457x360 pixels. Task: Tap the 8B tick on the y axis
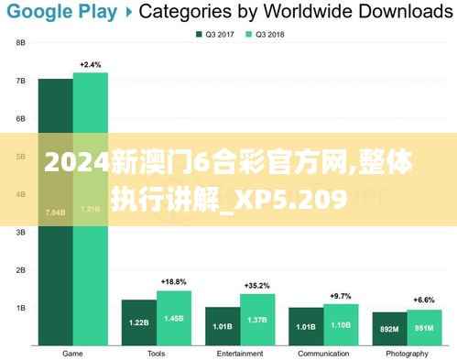(20, 43)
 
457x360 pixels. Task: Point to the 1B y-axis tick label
(20, 308)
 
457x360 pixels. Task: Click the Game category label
(72, 353)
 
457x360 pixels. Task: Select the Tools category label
(156, 353)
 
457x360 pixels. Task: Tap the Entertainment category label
(240, 353)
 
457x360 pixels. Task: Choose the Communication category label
(323, 353)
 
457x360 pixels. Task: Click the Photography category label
(407, 353)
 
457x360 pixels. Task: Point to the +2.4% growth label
(90, 64)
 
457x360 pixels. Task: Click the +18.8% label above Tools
(173, 281)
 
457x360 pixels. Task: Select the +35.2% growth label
(257, 285)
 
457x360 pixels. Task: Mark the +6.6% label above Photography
(423, 300)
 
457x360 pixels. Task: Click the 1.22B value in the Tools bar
(138, 322)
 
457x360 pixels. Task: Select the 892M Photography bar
(389, 328)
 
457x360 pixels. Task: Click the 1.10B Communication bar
(341, 325)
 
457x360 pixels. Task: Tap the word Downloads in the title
(404, 12)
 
